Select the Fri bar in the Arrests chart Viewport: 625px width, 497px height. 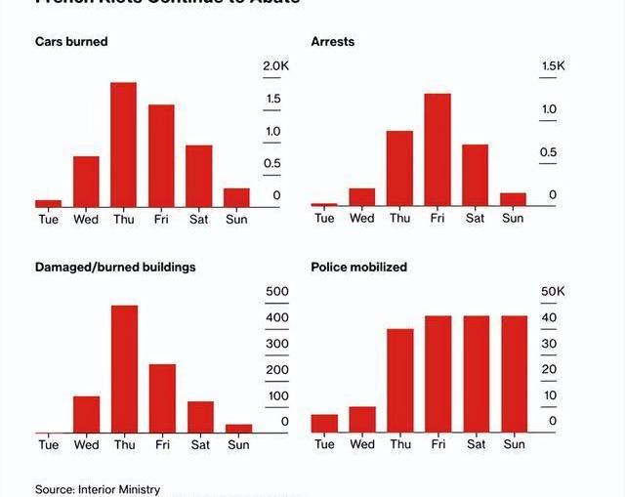click(x=437, y=150)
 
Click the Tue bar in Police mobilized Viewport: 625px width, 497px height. click(x=324, y=423)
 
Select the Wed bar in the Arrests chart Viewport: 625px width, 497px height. click(x=362, y=197)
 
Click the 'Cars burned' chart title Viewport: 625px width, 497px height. click(x=71, y=42)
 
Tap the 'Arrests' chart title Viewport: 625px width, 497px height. click(x=333, y=42)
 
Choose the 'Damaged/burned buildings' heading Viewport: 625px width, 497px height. click(x=115, y=267)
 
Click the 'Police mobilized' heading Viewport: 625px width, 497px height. click(x=359, y=267)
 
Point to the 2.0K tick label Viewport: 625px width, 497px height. click(x=276, y=65)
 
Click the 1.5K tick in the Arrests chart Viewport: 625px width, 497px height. click(x=553, y=65)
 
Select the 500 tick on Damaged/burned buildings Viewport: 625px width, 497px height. click(x=277, y=291)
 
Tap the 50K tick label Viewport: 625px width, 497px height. click(x=553, y=291)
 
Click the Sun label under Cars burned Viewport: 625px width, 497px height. click(x=236, y=219)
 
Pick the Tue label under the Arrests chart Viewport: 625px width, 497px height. click(x=324, y=218)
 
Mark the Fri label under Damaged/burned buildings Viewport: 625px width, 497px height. click(x=162, y=444)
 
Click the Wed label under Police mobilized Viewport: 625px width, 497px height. click(x=362, y=444)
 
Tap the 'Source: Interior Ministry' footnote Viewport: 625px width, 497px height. click(x=98, y=489)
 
